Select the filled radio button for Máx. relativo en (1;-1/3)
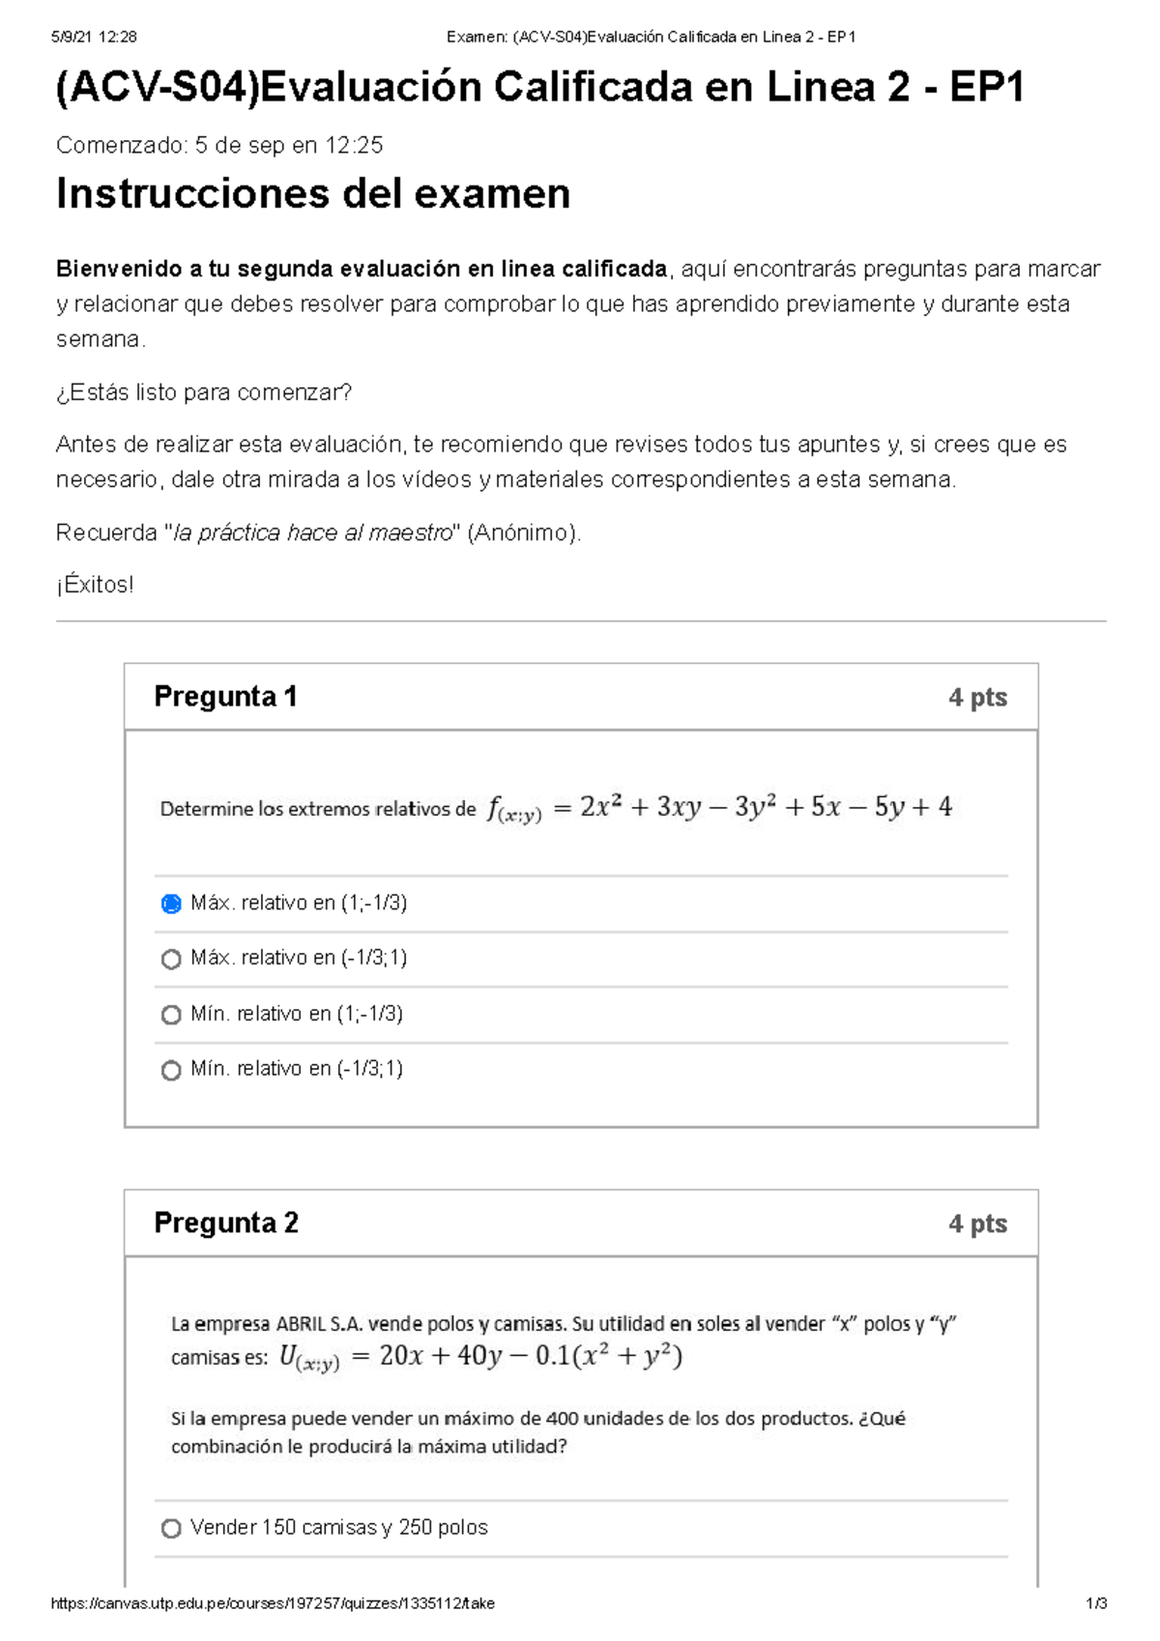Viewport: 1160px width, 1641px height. pyautogui.click(x=171, y=904)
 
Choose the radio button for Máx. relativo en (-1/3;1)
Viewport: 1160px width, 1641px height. pyautogui.click(x=171, y=959)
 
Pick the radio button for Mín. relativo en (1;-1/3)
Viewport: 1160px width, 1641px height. pyautogui.click(x=171, y=1015)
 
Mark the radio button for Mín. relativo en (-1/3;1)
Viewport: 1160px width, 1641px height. pyautogui.click(x=171, y=1070)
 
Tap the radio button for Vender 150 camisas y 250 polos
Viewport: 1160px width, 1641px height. pyautogui.click(x=171, y=1528)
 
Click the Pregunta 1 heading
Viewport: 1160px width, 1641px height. pyautogui.click(x=225, y=697)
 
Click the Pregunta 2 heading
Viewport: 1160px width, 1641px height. pyautogui.click(x=226, y=1223)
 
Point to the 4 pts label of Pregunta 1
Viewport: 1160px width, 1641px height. pyautogui.click(x=977, y=698)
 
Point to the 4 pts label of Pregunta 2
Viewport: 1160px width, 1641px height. pyautogui.click(x=977, y=1224)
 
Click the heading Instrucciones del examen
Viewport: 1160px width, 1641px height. pyautogui.click(x=313, y=194)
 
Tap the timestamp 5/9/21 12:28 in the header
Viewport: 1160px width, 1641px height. pyautogui.click(x=94, y=37)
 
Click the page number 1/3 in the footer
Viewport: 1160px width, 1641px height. pyautogui.click(x=1095, y=1603)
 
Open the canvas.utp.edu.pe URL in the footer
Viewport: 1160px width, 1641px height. pyautogui.click(x=273, y=1603)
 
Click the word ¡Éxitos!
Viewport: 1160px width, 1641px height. pyautogui.click(x=95, y=585)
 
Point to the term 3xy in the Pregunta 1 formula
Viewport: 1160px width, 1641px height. pyautogui.click(x=679, y=807)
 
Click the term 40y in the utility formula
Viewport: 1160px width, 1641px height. pyautogui.click(x=479, y=1356)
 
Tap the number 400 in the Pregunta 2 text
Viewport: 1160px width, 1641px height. pyautogui.click(x=562, y=1419)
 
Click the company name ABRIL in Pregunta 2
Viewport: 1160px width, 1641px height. pyautogui.click(x=301, y=1324)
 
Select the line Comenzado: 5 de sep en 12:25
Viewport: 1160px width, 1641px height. pyautogui.click(x=219, y=146)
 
